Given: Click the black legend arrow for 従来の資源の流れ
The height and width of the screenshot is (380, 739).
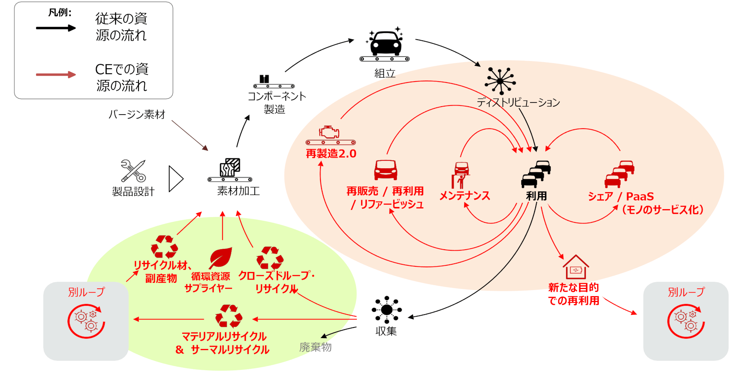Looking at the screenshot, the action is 56,28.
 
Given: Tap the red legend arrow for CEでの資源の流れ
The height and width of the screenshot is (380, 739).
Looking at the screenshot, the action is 56,74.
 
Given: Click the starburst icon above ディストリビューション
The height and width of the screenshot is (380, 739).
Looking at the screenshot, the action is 500,81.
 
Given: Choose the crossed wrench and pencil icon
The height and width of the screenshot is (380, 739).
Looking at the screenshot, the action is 133,171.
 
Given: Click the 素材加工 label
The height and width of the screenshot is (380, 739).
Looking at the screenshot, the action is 239,191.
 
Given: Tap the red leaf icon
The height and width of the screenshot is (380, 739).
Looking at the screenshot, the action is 220,258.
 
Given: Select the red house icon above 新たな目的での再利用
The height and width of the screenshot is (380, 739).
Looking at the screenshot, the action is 576,267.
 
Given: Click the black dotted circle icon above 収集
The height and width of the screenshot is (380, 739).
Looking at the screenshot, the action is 387,310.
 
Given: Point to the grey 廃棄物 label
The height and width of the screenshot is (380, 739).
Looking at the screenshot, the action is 315,347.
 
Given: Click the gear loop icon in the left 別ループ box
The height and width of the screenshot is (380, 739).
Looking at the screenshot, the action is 86,321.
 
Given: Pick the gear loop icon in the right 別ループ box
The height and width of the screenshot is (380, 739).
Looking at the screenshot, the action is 686,321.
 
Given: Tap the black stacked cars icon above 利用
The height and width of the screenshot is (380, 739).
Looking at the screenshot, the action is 536,174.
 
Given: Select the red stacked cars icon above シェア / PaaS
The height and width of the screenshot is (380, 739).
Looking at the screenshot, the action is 620,174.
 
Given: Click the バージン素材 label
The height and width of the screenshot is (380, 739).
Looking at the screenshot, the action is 137,115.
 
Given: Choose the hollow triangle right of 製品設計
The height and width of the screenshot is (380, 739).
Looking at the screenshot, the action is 176,178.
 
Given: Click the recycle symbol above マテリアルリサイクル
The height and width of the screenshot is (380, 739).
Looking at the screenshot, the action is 229,316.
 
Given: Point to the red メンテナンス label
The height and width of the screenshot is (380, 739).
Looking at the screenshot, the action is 465,196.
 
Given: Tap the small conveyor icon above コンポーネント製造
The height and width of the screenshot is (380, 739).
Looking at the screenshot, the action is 274,82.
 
